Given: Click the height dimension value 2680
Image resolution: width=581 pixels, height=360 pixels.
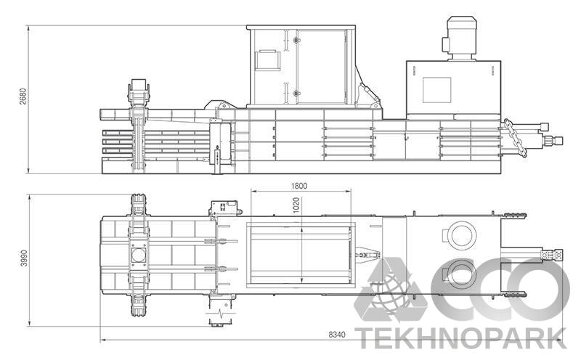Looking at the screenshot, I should [23, 99].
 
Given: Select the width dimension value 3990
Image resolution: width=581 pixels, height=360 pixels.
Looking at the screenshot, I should [23, 258].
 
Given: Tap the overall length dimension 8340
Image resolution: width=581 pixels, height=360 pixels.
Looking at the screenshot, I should [338, 335].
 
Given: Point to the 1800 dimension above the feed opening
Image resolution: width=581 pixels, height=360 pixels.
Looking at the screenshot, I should [298, 185].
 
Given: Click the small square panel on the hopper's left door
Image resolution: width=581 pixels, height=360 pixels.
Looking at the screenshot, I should [266, 60].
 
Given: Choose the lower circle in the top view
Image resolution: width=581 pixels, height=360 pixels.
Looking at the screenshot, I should [458, 274].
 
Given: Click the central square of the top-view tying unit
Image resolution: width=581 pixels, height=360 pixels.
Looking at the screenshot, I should [138, 256].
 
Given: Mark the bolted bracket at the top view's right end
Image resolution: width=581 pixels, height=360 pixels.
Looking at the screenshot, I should [558, 255].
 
